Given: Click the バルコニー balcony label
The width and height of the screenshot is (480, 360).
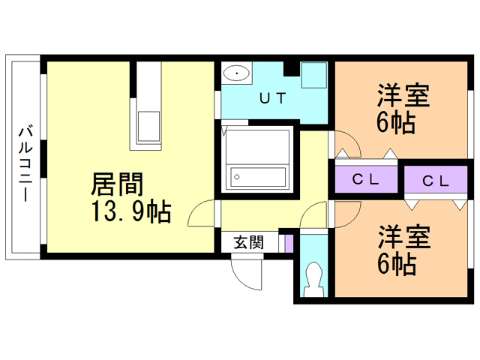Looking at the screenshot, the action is click(x=25, y=163).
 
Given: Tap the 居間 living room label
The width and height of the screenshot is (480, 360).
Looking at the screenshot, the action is click(x=117, y=184).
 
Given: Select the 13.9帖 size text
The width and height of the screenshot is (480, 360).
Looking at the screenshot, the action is click(x=131, y=211).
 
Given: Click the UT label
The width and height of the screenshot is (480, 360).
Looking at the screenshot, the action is click(x=272, y=98).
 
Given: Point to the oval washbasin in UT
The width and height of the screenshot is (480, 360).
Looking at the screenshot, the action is click(x=236, y=73).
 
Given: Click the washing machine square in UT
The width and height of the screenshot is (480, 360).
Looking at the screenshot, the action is click(x=313, y=75).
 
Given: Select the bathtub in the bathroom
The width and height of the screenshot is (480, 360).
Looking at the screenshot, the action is click(x=258, y=177).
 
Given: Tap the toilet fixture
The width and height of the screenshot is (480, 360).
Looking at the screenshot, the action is click(x=313, y=279).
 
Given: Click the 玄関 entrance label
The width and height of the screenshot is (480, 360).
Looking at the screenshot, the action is click(x=248, y=242).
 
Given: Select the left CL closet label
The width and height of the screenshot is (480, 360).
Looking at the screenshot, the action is click(x=365, y=179).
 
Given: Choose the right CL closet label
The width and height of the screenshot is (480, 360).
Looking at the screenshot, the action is click(x=436, y=181).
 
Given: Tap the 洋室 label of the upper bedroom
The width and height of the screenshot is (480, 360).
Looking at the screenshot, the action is click(x=403, y=95).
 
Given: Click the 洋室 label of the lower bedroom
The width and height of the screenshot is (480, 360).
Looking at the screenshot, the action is click(x=404, y=237).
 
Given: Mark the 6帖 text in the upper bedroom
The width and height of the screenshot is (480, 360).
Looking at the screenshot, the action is click(x=396, y=122).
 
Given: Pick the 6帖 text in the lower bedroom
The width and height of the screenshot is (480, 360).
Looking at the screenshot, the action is click(x=397, y=264).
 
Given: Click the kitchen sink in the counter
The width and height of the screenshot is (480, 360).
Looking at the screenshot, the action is click(x=148, y=126).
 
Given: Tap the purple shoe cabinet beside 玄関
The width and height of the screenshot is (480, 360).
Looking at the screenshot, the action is click(x=289, y=244).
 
